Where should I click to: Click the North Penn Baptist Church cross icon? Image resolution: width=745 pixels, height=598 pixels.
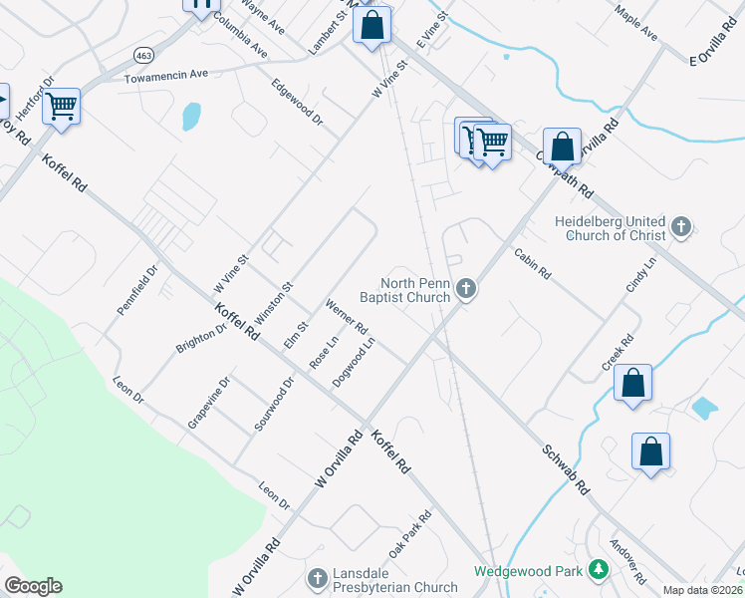(466, 290)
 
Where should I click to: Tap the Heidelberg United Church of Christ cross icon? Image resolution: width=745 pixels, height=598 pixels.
(681, 227)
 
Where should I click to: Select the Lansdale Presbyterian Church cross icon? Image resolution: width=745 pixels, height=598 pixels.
(317, 578)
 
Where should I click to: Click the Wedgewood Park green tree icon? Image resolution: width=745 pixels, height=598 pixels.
(598, 570)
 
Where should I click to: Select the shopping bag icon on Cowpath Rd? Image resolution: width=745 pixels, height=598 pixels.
(563, 147)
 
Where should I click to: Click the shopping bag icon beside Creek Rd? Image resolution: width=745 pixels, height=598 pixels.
(632, 383)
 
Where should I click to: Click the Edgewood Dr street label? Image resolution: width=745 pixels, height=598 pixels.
(298, 102)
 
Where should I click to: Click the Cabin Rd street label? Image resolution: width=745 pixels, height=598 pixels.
(533, 263)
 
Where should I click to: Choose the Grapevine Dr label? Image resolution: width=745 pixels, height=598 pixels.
(209, 403)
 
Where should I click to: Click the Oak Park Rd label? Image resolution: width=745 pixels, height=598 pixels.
(410, 533)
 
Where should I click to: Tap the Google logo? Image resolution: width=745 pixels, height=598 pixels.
(33, 586)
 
